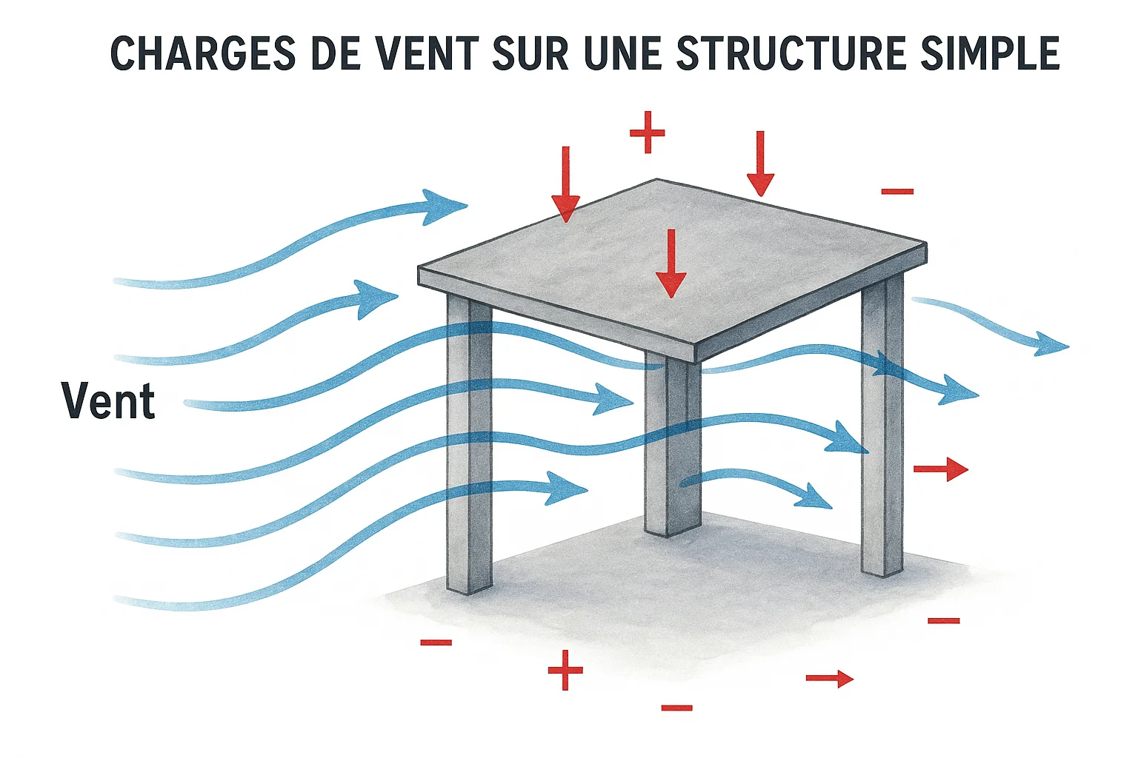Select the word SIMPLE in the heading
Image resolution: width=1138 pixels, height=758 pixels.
point(990,53)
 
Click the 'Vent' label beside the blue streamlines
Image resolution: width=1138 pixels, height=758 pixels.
point(108,401)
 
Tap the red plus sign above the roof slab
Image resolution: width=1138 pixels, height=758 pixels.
point(648,133)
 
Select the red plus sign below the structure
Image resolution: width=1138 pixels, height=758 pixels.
point(565,670)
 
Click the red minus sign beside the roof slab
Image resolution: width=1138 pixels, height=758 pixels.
point(897,192)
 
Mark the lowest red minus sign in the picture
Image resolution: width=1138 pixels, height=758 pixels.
point(676,708)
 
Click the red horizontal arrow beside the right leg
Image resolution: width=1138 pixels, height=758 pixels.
point(941,469)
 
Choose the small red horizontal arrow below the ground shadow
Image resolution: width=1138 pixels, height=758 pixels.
point(830,678)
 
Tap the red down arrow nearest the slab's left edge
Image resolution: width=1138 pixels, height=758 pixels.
point(566,184)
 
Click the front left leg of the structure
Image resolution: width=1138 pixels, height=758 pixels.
point(469,444)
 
